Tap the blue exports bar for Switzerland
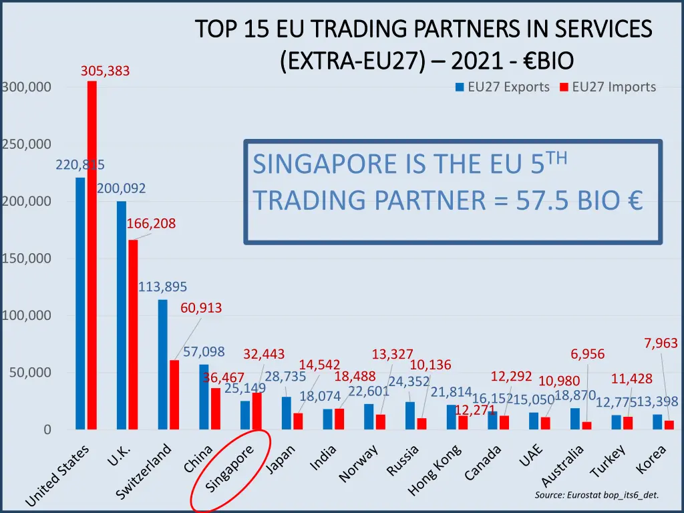pos(162,364)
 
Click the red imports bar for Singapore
pos(257,411)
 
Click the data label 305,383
pos(105,71)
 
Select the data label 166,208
pos(151,224)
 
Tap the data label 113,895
pos(162,287)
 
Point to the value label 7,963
pos(661,343)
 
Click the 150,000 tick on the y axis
pos(26,259)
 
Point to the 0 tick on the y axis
pos(47,430)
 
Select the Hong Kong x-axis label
pos(434,472)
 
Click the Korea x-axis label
pos(651,460)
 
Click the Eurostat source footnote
pos(596,495)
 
